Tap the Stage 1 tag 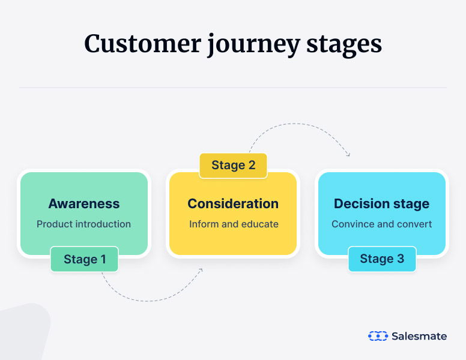pos(85,259)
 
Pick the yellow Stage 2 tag pos(233,166)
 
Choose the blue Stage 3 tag pos(381,259)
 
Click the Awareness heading pos(83,203)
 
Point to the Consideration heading pos(233,203)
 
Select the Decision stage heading pos(381,203)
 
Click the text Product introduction pos(83,224)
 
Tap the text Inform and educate pos(234,224)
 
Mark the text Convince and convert pos(381,224)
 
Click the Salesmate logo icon pos(377,336)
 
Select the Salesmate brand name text pos(419,336)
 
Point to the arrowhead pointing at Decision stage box pos(348,154)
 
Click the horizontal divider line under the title pos(233,88)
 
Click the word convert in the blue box pos(415,224)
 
